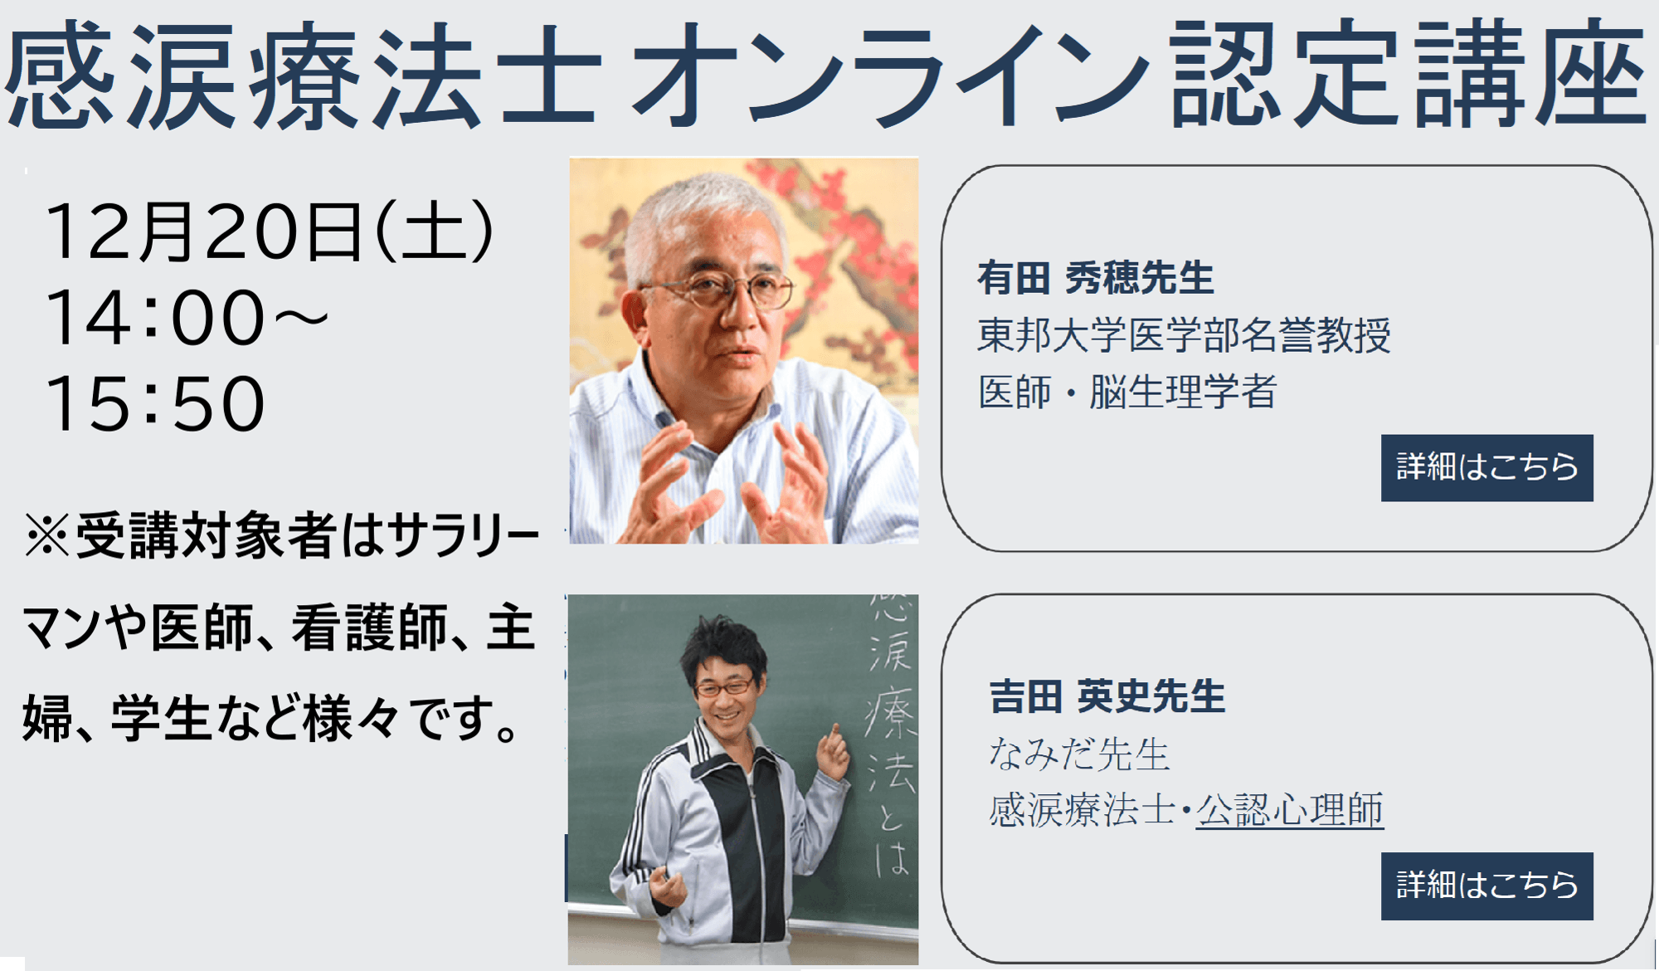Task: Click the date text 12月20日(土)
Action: (270, 232)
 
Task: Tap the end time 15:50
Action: (155, 404)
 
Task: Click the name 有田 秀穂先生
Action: (1095, 278)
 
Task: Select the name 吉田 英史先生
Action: (1107, 696)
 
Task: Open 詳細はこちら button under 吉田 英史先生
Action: (1486, 886)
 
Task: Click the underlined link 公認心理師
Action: (1289, 810)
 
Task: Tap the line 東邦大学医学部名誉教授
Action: (1184, 335)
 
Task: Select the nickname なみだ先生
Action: (1078, 754)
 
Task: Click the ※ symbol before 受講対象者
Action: (46, 535)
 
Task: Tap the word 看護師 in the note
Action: (368, 627)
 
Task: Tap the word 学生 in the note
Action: (161, 718)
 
